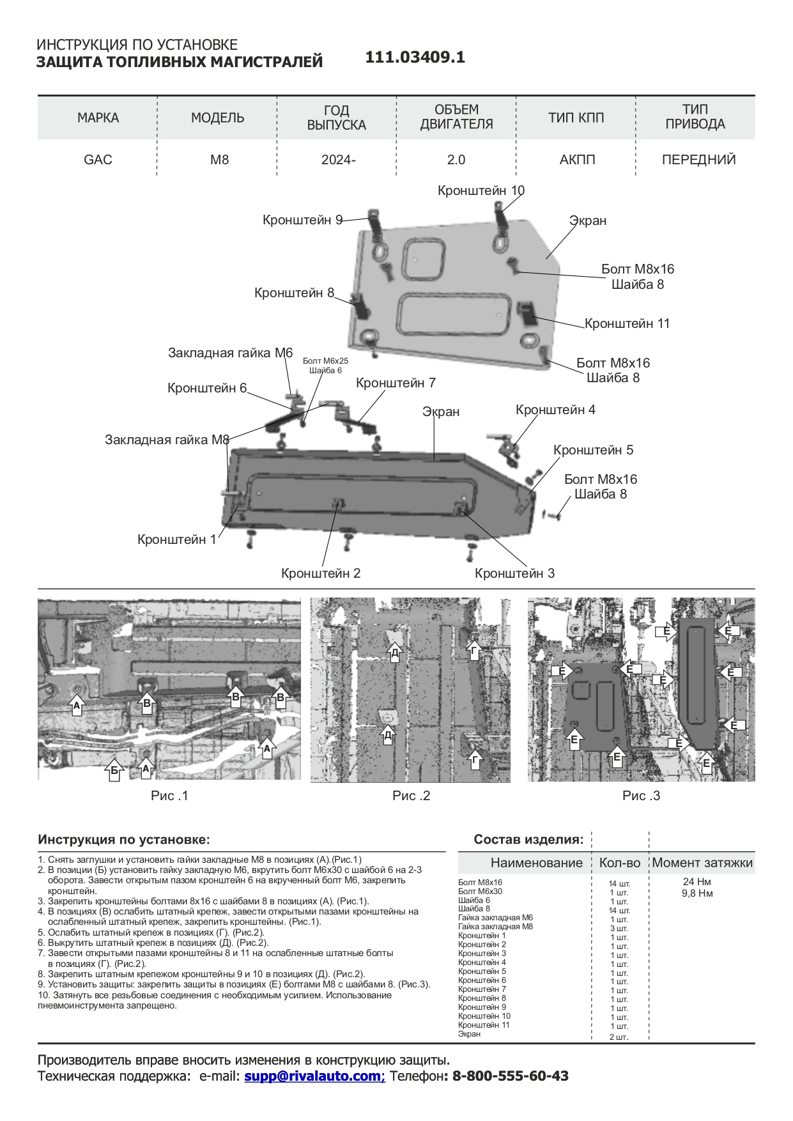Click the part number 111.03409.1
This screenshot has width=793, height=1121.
tap(415, 58)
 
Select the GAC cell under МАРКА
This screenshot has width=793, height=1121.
tap(98, 160)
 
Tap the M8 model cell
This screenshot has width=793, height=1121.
tap(219, 160)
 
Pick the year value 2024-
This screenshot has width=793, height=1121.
tap(338, 160)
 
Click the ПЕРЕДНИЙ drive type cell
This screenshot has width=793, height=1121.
tap(698, 160)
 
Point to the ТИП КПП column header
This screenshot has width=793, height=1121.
tap(576, 118)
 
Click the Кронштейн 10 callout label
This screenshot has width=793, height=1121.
tap(481, 190)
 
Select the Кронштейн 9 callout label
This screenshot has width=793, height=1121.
tap(302, 220)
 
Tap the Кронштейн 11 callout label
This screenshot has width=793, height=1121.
tap(627, 323)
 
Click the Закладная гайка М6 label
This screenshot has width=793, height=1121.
tap(230, 353)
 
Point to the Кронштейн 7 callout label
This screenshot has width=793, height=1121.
tap(396, 383)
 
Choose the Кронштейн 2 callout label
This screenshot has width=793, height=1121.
tap(321, 573)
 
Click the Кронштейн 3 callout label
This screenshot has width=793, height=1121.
tap(514, 573)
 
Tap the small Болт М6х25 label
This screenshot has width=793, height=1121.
tap(325, 361)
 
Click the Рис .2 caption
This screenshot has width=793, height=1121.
tap(411, 796)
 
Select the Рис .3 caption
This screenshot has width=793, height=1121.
tap(641, 796)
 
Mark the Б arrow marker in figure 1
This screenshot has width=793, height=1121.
tap(114, 770)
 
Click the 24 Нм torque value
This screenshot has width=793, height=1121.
tap(697, 882)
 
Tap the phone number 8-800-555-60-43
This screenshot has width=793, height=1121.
tap(510, 1076)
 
